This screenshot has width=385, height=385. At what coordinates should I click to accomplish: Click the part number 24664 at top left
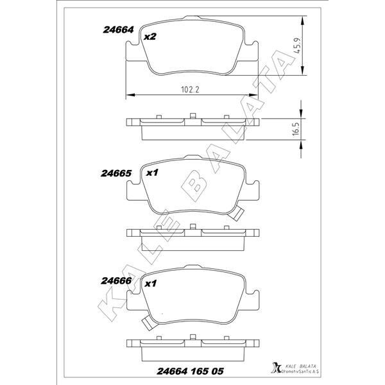click(x=117, y=30)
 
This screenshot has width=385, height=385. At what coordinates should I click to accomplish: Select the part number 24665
click(x=116, y=173)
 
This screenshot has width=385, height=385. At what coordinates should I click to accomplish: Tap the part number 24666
click(x=116, y=280)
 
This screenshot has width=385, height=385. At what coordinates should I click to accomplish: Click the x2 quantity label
click(x=150, y=37)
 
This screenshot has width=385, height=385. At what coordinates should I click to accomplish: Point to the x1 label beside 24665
click(x=152, y=173)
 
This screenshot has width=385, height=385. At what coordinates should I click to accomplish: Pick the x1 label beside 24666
click(x=151, y=283)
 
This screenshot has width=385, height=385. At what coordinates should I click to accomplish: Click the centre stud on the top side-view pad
click(x=193, y=117)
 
